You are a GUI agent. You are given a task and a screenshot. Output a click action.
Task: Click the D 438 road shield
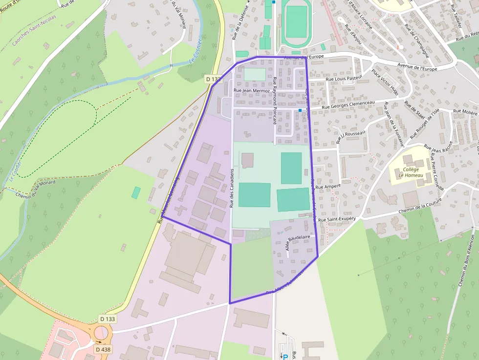pyautogui.click(x=103, y=349)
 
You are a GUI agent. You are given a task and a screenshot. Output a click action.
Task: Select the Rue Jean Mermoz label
pyautogui.click(x=252, y=90)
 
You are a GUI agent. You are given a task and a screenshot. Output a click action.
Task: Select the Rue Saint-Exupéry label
pyautogui.click(x=337, y=220)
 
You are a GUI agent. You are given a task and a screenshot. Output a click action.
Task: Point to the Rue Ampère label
pyautogui.click(x=327, y=186)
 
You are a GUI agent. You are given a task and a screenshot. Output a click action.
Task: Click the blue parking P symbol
pyautogui.click(x=285, y=357)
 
